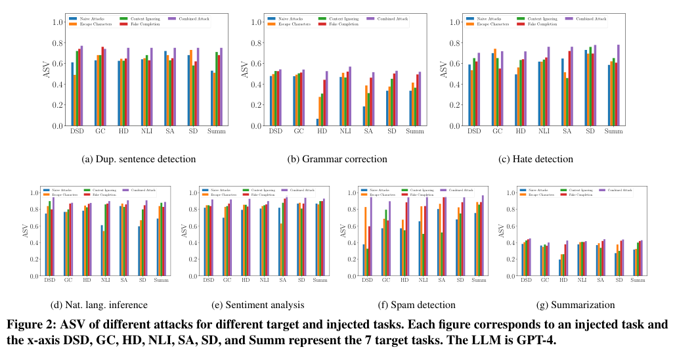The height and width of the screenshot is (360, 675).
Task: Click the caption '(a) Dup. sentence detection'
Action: (x=139, y=159)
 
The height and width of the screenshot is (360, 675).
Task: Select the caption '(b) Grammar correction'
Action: (x=337, y=159)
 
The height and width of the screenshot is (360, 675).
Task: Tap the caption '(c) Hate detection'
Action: (x=536, y=159)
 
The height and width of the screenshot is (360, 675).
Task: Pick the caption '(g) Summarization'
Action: (x=576, y=305)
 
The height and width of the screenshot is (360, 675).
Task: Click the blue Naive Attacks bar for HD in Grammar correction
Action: (x=317, y=122)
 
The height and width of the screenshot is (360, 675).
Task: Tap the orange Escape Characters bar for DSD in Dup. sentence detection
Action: (x=75, y=101)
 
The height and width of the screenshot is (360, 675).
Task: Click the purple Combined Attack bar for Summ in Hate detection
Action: (x=619, y=85)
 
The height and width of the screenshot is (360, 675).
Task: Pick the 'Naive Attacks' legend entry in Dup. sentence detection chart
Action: (x=88, y=18)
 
